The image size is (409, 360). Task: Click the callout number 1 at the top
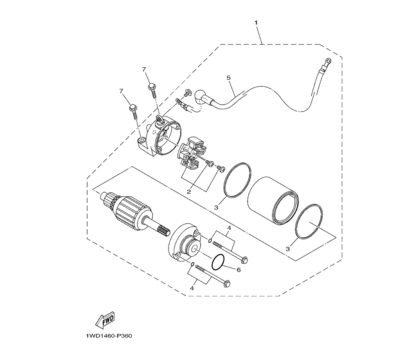256,22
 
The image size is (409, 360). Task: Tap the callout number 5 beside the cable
229,77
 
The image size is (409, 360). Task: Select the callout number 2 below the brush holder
189,192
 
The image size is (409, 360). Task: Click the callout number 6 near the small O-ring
238,270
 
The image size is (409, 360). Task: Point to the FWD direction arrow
105,319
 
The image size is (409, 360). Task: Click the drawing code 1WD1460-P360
109,336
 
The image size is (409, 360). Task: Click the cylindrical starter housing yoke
272,201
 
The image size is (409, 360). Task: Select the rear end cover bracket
158,136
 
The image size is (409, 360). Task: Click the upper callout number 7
144,69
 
